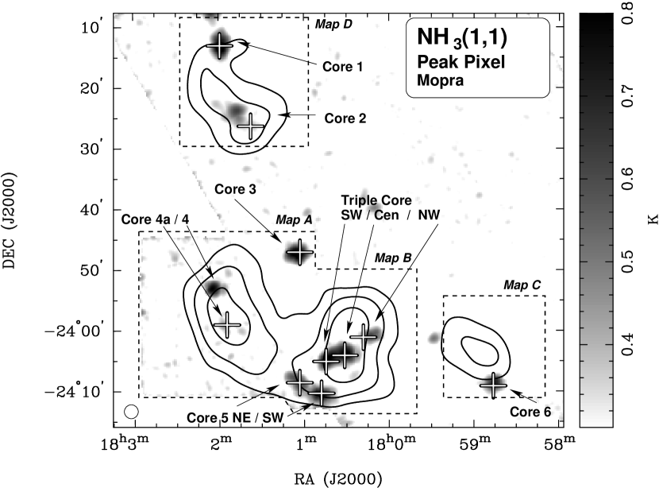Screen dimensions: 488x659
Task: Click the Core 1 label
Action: (x=342, y=67)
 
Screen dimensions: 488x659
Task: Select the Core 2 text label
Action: (x=345, y=118)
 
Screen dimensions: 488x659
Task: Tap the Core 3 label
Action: (x=235, y=190)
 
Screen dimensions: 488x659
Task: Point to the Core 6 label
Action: (x=530, y=412)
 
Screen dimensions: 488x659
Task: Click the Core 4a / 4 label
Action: (x=156, y=219)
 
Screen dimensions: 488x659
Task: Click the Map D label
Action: (x=333, y=25)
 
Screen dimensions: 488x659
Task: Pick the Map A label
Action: (x=293, y=220)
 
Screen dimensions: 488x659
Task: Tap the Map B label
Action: (x=392, y=258)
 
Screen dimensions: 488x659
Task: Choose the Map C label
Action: (x=522, y=285)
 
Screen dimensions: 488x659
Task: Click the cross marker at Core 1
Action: (x=220, y=46)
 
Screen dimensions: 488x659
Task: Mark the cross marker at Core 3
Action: (x=299, y=253)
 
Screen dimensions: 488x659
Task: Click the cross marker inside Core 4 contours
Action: (x=227, y=323)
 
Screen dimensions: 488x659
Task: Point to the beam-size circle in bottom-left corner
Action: (x=132, y=411)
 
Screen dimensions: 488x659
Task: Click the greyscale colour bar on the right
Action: (x=595, y=223)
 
